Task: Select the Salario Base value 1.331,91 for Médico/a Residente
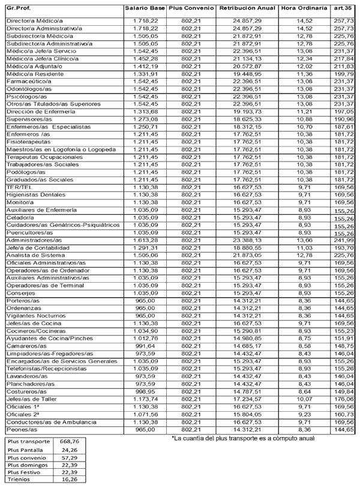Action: tap(145, 73)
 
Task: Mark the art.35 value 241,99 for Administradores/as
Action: tap(344, 240)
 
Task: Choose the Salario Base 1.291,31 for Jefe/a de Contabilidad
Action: tap(145, 247)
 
